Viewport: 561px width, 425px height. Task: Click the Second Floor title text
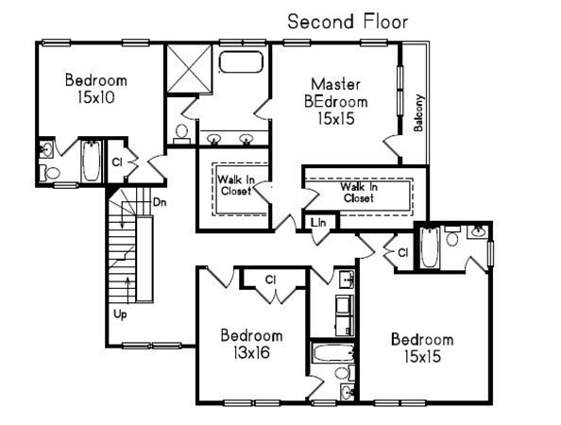click(348, 21)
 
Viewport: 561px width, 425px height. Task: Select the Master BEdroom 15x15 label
click(336, 101)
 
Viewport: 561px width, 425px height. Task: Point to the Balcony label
click(418, 113)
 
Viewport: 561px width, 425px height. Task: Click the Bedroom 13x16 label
click(251, 345)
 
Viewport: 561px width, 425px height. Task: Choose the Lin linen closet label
click(319, 223)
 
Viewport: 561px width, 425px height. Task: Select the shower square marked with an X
click(187, 68)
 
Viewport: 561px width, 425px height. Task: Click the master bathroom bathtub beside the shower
click(243, 64)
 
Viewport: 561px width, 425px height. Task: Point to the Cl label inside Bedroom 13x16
click(269, 279)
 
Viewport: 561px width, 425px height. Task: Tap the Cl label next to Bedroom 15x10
click(117, 161)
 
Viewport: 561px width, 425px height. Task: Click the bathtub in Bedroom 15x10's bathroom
click(91, 161)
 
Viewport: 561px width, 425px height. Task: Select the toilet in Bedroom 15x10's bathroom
click(50, 171)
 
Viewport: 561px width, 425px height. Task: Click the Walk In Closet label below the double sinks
click(234, 184)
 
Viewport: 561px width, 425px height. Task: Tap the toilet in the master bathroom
click(181, 131)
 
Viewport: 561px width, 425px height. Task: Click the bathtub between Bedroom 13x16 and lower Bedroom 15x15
click(333, 358)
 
